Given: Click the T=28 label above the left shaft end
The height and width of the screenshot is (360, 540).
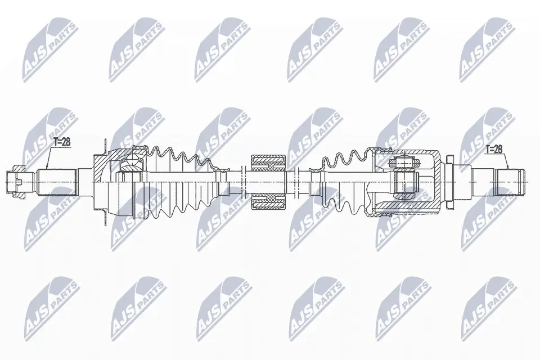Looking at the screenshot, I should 62,142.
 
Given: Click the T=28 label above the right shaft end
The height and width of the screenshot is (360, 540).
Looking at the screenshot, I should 494,148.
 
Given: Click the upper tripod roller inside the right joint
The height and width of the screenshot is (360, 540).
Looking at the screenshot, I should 404,163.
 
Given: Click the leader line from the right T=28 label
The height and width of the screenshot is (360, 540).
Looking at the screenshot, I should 507,159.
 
